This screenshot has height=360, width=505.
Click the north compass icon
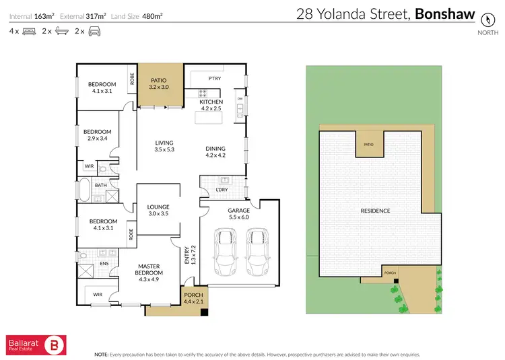pos(483,20)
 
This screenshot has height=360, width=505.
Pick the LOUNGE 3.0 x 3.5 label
pos(158,210)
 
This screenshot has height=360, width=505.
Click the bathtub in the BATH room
pos(84,190)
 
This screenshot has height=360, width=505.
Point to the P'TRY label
pos(214,79)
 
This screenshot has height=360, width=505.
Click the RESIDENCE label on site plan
pos(375,211)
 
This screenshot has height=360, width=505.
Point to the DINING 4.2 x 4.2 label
pos(215,151)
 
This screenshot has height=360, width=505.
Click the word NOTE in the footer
pos(102,353)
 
